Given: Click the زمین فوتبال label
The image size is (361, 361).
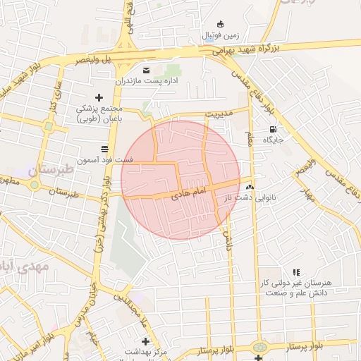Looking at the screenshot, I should [221, 35].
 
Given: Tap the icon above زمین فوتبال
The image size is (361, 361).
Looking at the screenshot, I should [221, 24].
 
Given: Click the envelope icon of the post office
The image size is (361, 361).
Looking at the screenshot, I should [147, 71].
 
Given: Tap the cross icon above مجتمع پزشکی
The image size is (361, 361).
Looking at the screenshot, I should [99, 97].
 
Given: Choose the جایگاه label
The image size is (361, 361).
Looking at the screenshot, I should [273, 140].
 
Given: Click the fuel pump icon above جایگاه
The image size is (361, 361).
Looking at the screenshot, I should [273, 129].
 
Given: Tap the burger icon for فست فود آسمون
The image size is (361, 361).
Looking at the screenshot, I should [105, 148].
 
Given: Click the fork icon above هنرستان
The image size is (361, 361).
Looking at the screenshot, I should [296, 271].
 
